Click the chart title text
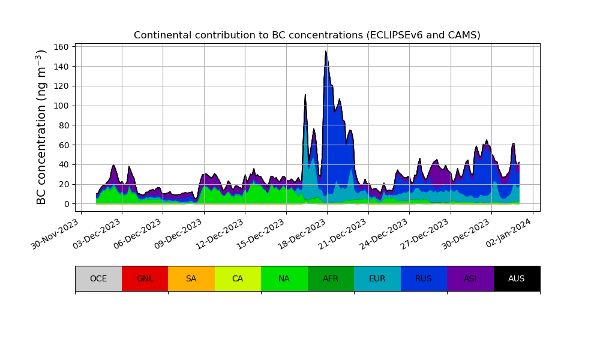(307, 35)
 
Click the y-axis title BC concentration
(41, 127)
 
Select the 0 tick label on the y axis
(69, 204)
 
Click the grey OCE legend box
(98, 278)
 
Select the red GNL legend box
(145, 278)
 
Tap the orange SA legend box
(191, 278)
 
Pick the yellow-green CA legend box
(238, 278)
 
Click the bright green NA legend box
(284, 278)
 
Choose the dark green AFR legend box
(331, 278)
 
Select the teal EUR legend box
(377, 278)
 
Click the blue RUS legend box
(424, 278)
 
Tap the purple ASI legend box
(470, 278)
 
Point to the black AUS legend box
(517, 278)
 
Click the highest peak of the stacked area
(326, 52)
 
